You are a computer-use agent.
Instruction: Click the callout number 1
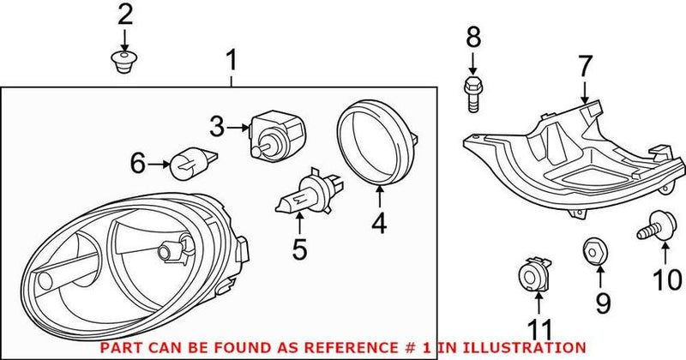tap(230, 61)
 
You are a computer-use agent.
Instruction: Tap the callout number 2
tap(125, 15)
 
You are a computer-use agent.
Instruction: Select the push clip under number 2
tap(125, 61)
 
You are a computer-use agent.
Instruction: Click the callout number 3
tap(216, 128)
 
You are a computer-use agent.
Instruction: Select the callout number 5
tap(298, 251)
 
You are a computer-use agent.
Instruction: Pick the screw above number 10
tap(657, 227)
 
